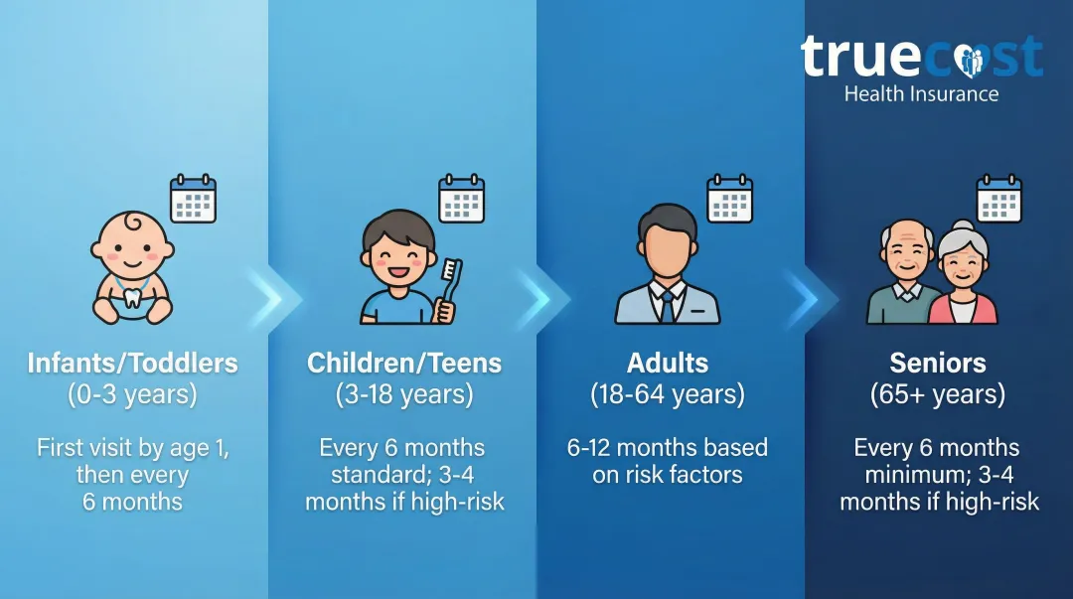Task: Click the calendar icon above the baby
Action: tap(193, 199)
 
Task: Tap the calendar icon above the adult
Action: tap(729, 199)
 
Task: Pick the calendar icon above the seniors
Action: tap(998, 199)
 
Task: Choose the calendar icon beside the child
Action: tap(461, 199)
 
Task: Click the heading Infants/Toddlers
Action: tap(133, 363)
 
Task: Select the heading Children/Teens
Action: tap(404, 363)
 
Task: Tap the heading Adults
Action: tap(668, 363)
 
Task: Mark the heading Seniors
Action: tap(938, 363)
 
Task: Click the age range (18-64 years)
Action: tap(668, 394)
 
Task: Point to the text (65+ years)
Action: tap(938, 394)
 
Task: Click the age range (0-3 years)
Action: tap(133, 394)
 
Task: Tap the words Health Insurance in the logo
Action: tap(921, 94)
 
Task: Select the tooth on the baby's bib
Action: tap(132, 297)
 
